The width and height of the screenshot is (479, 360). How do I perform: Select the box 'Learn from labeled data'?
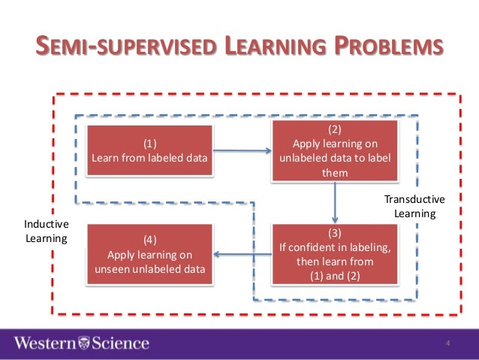pos(149,150)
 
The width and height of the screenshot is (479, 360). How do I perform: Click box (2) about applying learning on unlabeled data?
pos(335,150)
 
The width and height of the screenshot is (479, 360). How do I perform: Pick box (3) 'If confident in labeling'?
pos(335,254)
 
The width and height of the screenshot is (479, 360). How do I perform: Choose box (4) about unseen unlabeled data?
pos(149,254)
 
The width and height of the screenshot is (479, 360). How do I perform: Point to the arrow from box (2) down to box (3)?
pos(335,202)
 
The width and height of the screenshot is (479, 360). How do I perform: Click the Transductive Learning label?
pos(414,207)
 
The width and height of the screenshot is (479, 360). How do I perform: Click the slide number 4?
pos(447,344)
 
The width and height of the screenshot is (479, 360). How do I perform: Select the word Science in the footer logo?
pos(120,343)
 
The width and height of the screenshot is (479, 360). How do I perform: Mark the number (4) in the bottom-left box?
pos(149,241)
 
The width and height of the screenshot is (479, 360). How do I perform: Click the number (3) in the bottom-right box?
pos(335,233)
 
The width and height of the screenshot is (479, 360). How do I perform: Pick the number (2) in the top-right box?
pos(335,129)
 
